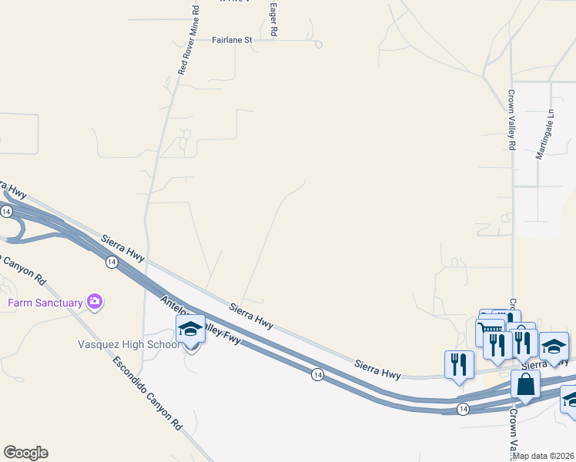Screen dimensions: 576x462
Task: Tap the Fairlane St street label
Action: tap(232, 40)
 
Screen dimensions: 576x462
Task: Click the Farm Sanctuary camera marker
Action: tap(95, 302)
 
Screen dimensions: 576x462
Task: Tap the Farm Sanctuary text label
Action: tap(45, 303)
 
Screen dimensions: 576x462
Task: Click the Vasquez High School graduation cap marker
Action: tap(190, 330)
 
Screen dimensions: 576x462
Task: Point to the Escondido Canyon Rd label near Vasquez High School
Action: tap(148, 393)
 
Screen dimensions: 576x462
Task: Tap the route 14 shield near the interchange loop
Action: tap(6, 211)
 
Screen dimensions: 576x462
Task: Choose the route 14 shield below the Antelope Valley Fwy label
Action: tap(316, 374)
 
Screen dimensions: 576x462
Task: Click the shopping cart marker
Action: tap(490, 333)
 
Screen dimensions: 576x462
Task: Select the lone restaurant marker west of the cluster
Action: tap(459, 364)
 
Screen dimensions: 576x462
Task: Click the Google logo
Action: tap(25, 452)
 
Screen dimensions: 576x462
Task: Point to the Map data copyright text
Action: tap(544, 456)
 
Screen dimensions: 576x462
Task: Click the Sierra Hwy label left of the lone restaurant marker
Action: tap(377, 368)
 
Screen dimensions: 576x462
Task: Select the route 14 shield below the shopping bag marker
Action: tap(463, 407)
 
